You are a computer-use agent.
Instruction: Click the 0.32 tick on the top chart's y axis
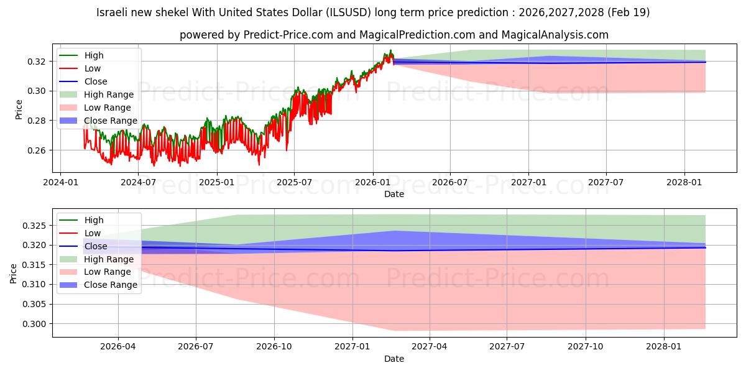[x=36, y=62]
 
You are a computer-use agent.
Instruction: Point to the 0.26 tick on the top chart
[x=36, y=150]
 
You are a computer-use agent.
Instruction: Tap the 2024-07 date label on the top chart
[x=138, y=183]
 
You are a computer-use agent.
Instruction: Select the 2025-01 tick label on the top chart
[x=217, y=183]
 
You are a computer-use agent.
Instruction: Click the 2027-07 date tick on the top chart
[x=606, y=183]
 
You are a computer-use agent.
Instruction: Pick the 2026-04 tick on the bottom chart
[x=118, y=347]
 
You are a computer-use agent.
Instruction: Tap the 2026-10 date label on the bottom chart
[x=274, y=347]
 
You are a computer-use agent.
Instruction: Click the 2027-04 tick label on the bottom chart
[x=430, y=347]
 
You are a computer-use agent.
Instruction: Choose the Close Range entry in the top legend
[x=98, y=121]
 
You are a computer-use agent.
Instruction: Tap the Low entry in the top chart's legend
[x=80, y=68]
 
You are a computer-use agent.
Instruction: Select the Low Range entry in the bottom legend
[x=95, y=272]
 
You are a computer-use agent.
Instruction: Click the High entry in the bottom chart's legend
[x=81, y=220]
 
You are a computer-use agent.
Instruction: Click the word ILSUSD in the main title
[x=348, y=12]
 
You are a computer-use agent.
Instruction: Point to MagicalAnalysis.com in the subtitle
[x=555, y=35]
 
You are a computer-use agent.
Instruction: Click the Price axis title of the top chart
[x=19, y=109]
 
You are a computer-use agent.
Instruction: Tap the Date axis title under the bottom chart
[x=394, y=359]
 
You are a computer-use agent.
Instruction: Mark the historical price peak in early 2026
[x=390, y=50]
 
